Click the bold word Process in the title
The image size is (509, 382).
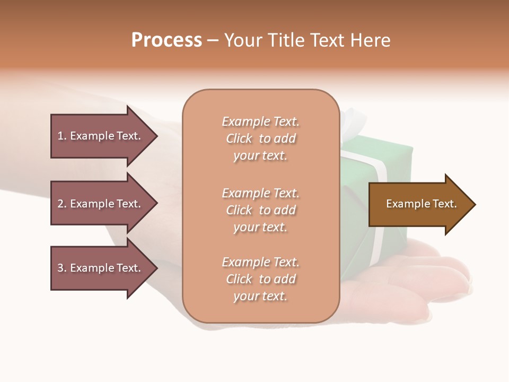tap(166, 40)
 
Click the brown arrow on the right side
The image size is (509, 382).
tap(419, 204)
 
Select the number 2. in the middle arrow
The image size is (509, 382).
tap(62, 204)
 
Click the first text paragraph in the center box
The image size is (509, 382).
tap(260, 138)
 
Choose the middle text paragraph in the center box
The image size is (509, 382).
tap(260, 210)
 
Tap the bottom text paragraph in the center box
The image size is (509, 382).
tap(260, 279)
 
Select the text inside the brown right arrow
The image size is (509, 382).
tap(421, 204)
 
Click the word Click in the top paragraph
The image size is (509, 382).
tap(239, 138)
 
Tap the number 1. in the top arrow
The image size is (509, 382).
tap(62, 136)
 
